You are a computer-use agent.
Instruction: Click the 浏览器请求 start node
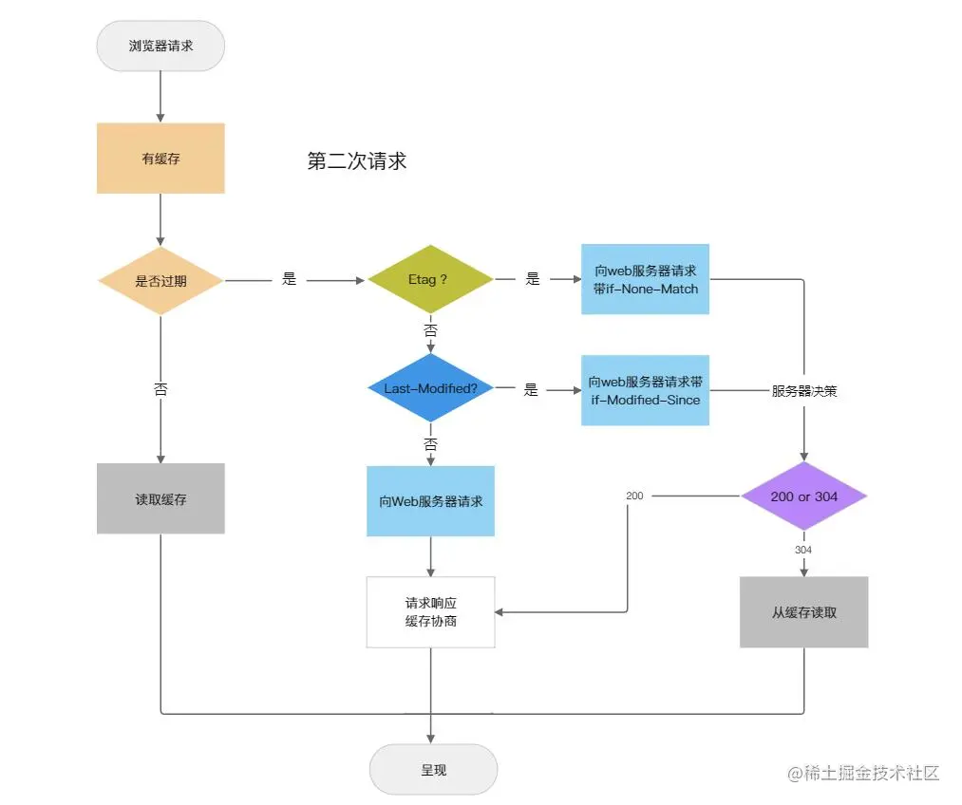[160, 46]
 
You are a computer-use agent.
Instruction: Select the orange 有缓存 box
[160, 159]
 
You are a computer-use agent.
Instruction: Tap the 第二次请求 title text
[357, 161]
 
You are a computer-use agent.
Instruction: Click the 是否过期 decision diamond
[160, 281]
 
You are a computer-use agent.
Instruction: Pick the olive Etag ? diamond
[430, 279]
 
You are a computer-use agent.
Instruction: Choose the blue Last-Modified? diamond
[430, 388]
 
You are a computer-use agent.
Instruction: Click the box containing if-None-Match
[645, 279]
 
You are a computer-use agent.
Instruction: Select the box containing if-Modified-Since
[645, 390]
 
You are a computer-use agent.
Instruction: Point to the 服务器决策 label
[804, 391]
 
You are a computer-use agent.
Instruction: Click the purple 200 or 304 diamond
[804, 496]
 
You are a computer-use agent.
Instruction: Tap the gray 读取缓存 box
[160, 498]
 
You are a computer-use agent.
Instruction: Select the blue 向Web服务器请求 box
[430, 501]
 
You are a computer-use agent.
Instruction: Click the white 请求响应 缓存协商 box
[430, 612]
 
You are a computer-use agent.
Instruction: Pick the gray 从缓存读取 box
[804, 612]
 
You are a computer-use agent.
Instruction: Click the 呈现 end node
[433, 770]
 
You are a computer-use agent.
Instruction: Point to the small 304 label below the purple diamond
[803, 550]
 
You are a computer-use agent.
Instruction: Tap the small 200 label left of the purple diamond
[634, 496]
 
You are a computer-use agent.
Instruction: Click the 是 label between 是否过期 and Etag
[290, 279]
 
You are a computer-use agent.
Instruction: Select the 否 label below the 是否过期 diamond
[160, 389]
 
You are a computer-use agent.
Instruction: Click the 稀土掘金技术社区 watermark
[863, 773]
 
